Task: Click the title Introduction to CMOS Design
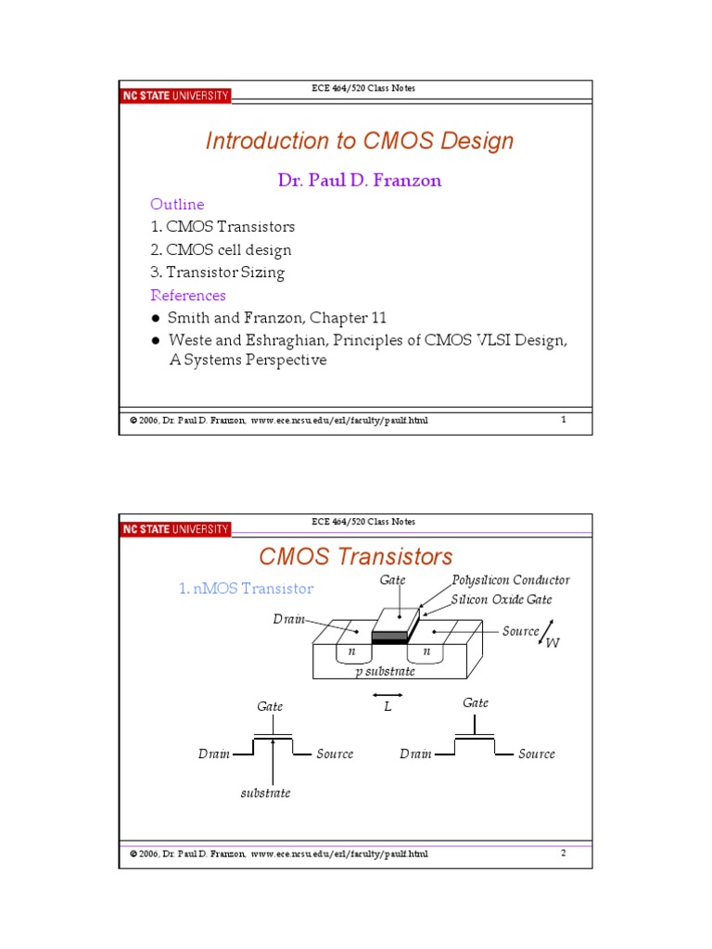[x=359, y=141]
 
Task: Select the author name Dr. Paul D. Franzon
[x=360, y=181]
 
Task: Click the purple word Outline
[x=177, y=204]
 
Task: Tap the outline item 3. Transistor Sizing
[x=218, y=272]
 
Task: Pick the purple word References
[x=188, y=296]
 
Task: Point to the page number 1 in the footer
[x=564, y=420]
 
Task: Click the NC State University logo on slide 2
[x=175, y=529]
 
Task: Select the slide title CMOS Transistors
[x=356, y=556]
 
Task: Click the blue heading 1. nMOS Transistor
[x=246, y=588]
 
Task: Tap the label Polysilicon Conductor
[x=511, y=580]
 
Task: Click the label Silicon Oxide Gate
[x=501, y=600]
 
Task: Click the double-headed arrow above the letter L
[x=387, y=693]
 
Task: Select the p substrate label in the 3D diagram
[x=386, y=672]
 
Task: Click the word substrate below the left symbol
[x=266, y=793]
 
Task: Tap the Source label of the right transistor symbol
[x=537, y=754]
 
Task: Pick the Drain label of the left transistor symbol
[x=214, y=754]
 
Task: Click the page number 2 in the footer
[x=563, y=853]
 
